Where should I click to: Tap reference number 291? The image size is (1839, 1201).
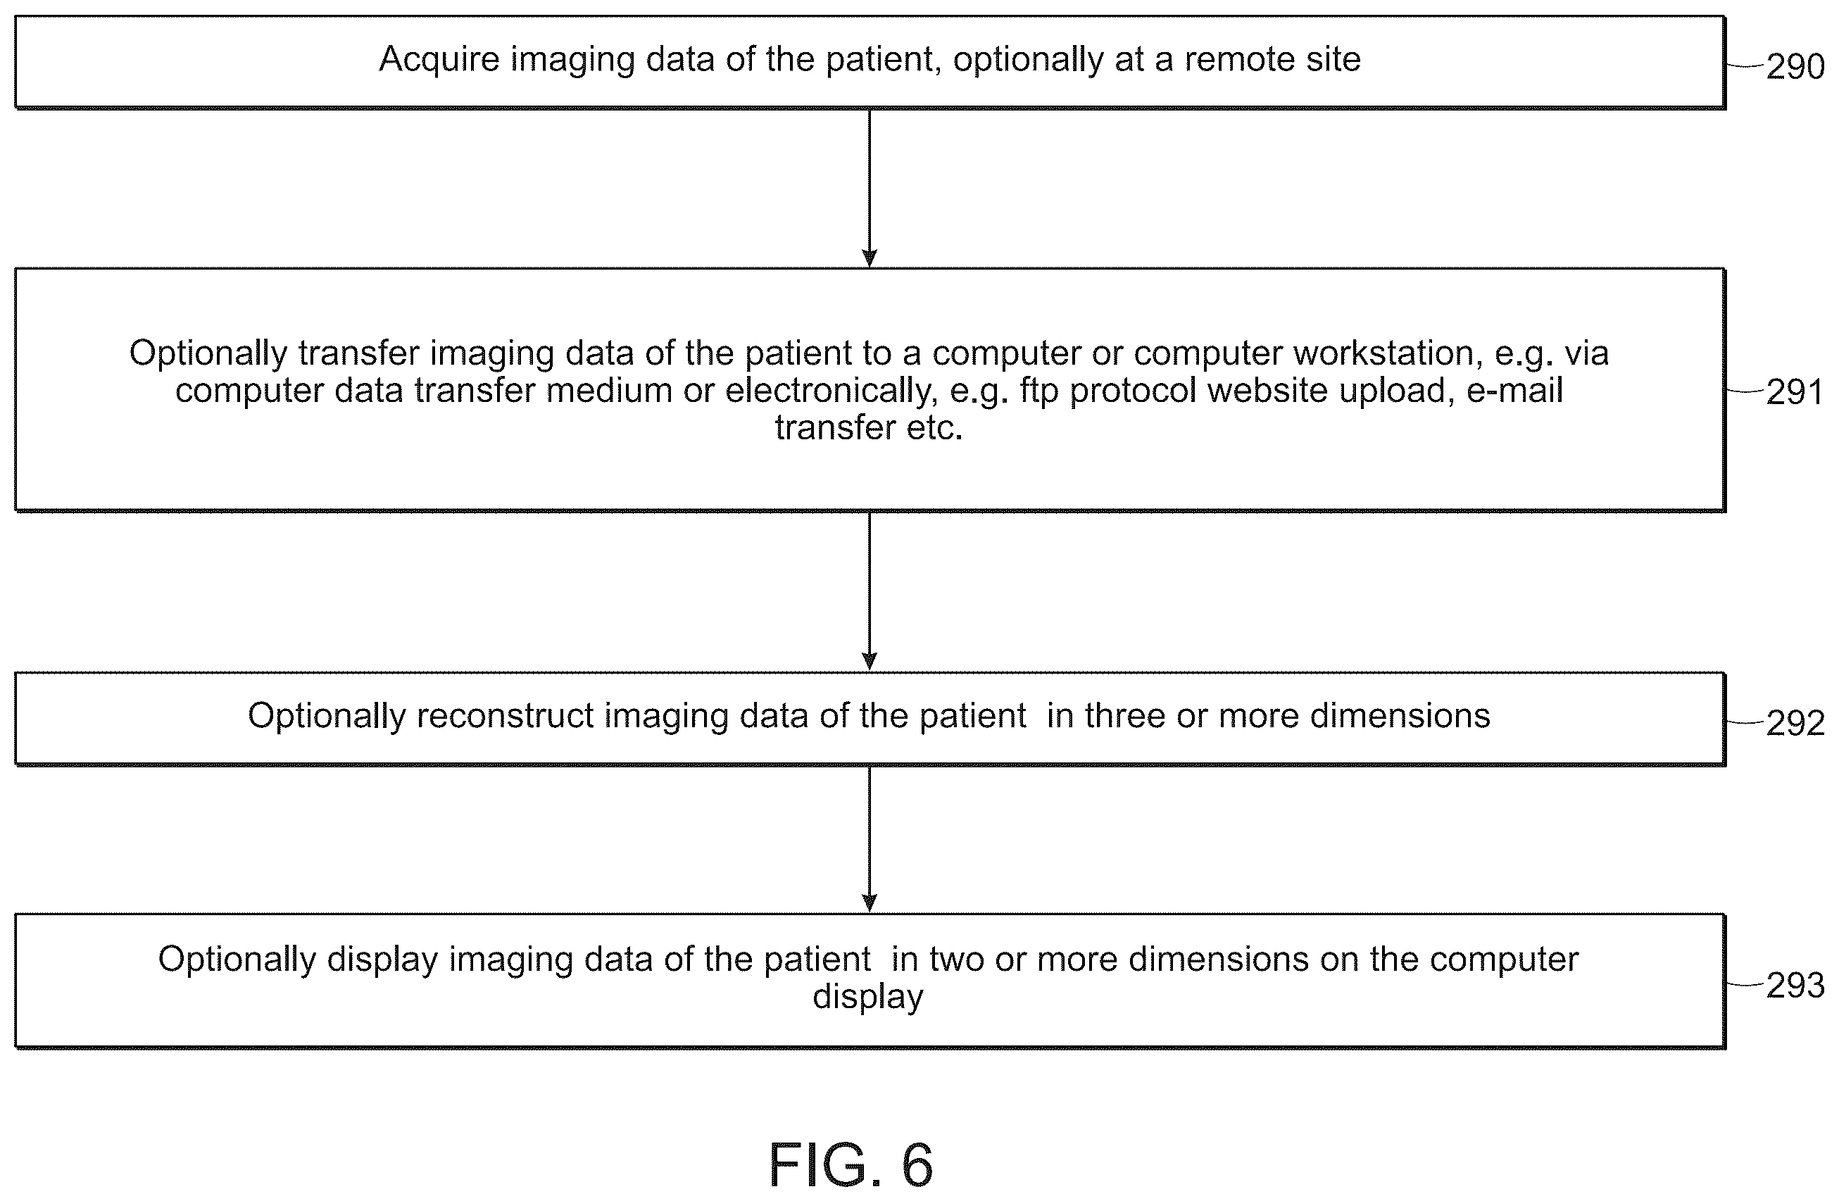[x=1795, y=393]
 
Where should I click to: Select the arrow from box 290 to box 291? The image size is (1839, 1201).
[x=870, y=188]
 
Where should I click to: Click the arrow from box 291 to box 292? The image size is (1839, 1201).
[x=870, y=591]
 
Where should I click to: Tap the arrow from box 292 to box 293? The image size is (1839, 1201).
[x=870, y=839]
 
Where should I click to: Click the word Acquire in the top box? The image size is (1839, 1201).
[x=439, y=61]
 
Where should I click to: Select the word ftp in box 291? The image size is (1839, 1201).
[x=1038, y=391]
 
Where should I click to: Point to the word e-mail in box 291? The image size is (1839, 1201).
[x=1515, y=390]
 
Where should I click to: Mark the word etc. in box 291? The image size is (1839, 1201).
[x=936, y=428]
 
